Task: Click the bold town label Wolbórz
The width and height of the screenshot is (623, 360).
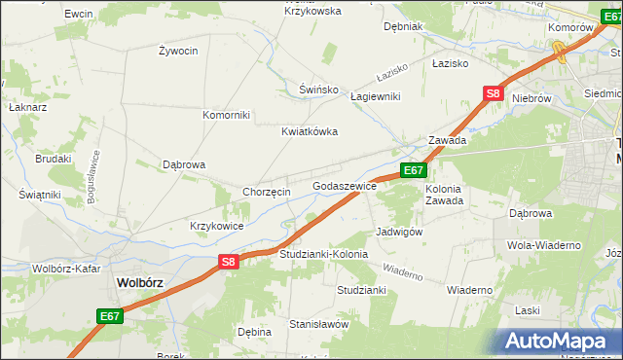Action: click(x=140, y=282)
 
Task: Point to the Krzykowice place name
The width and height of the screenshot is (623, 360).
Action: click(x=217, y=226)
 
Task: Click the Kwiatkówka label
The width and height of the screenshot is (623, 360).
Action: click(x=309, y=130)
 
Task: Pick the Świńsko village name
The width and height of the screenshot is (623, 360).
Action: click(x=318, y=90)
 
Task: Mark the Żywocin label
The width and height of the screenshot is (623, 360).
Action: click(x=177, y=50)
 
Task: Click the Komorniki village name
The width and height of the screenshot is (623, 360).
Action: click(x=226, y=115)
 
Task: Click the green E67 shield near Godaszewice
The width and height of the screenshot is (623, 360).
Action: click(x=413, y=170)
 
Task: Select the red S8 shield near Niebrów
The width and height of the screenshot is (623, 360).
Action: click(x=493, y=93)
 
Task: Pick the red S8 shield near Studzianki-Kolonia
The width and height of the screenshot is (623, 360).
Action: click(x=228, y=261)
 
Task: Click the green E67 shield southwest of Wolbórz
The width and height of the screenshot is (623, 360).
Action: click(x=109, y=315)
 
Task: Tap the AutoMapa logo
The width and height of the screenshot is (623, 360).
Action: click(x=563, y=342)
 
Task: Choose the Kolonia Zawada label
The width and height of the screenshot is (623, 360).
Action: click(x=443, y=195)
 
